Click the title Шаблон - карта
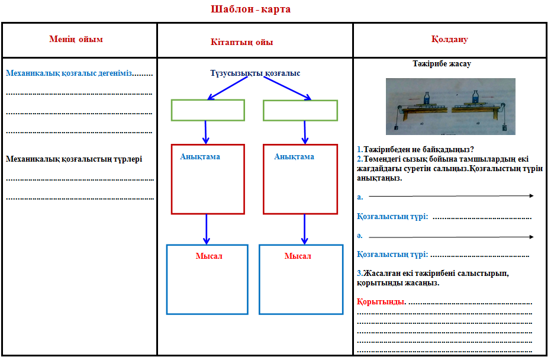point(251,9)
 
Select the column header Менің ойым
point(76,40)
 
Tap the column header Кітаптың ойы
point(241,42)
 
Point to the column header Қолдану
point(450,40)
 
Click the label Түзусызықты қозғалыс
point(255,73)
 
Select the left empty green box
point(208,110)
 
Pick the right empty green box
point(300,110)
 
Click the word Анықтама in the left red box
point(200,157)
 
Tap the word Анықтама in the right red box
point(294,157)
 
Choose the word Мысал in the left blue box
point(208,256)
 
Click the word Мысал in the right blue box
point(298,256)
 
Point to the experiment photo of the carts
point(450,107)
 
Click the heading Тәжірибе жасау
point(442,64)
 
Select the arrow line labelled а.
point(451,195)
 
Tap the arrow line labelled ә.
point(451,237)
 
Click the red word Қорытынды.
point(382,302)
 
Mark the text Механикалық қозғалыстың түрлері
point(74,159)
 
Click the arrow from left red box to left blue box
point(207,229)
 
